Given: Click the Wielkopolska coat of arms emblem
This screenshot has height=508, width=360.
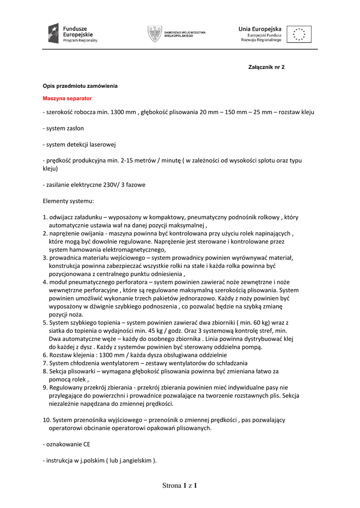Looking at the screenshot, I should pyautogui.click(x=154, y=33).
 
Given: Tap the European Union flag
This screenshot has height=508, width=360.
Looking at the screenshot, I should pyautogui.click(x=299, y=34).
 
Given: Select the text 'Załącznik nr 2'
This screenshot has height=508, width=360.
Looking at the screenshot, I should pyautogui.click(x=266, y=66).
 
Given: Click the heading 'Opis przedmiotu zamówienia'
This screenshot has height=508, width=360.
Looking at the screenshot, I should pyautogui.click(x=80, y=86).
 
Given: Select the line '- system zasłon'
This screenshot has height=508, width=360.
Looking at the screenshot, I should pyautogui.click(x=63, y=128).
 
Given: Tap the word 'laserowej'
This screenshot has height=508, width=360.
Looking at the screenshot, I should pyautogui.click(x=102, y=144).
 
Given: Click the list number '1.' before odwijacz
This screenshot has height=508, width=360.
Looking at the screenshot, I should pyautogui.click(x=45, y=217).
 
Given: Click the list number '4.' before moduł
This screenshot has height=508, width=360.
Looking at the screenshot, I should pyautogui.click(x=45, y=282).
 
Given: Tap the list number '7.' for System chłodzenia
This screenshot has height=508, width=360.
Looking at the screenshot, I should pyautogui.click(x=45, y=363).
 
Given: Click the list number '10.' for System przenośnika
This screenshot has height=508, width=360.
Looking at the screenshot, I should pyautogui.click(x=47, y=420).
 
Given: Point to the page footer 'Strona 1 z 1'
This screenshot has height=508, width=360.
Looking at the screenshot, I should pyautogui.click(x=180, y=486).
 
